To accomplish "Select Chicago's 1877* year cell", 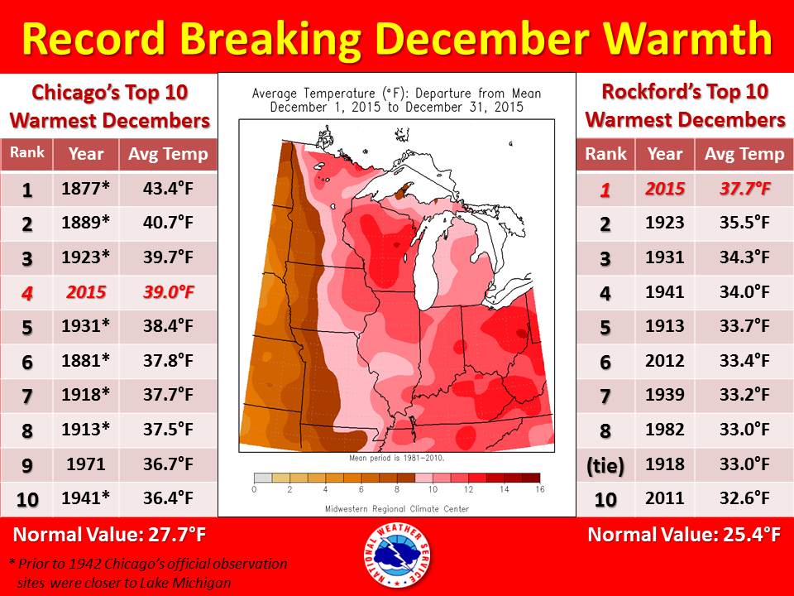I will click(x=86, y=190).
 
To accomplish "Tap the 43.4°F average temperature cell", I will click(x=168, y=190).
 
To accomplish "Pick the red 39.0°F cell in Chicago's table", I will click(x=168, y=293).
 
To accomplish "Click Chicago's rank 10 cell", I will click(x=27, y=498).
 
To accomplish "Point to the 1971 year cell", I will click(x=86, y=464).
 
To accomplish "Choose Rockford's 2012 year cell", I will click(x=665, y=361).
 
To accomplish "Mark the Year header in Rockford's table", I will click(x=665, y=154).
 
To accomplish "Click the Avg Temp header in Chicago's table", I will click(x=168, y=154).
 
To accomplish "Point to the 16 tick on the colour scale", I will click(x=539, y=490).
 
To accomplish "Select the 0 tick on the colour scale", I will click(x=254, y=490).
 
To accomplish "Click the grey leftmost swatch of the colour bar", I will click(x=263, y=478).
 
